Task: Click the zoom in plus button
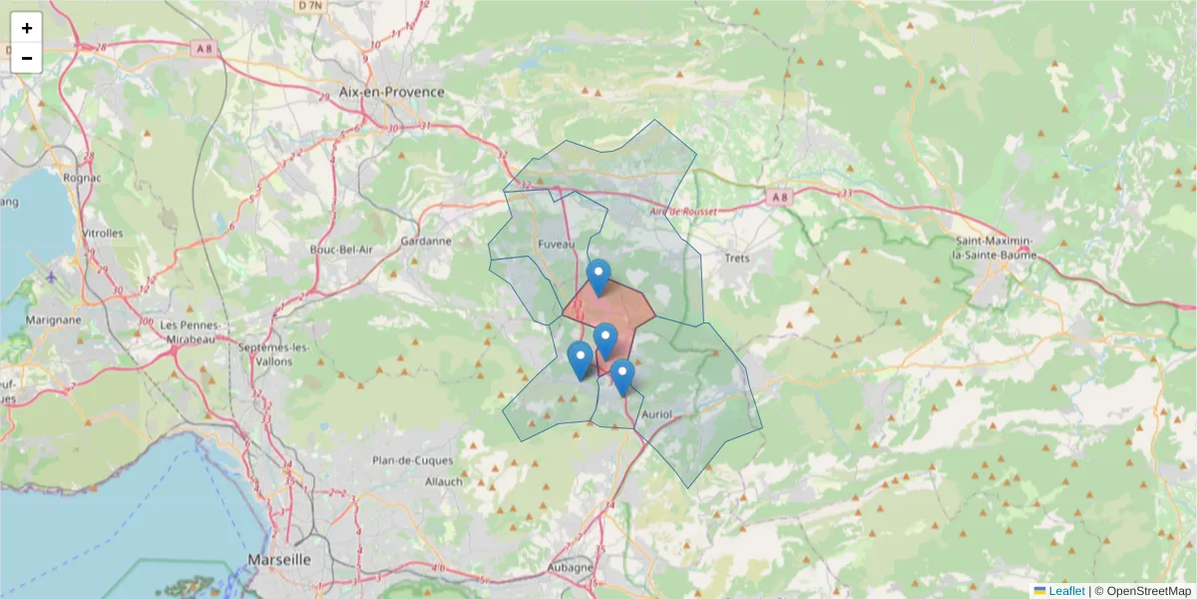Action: tap(27, 28)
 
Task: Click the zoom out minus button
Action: tap(27, 58)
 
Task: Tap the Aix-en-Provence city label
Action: tap(391, 92)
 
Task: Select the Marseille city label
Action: tap(279, 559)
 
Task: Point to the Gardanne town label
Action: tap(426, 241)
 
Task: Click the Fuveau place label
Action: tap(556, 244)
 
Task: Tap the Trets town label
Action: tap(736, 258)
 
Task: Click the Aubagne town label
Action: tap(570, 567)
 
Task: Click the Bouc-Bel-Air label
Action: tap(340, 250)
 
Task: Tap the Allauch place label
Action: tap(444, 481)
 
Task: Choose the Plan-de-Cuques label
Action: tap(412, 460)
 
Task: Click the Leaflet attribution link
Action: tap(1065, 591)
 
